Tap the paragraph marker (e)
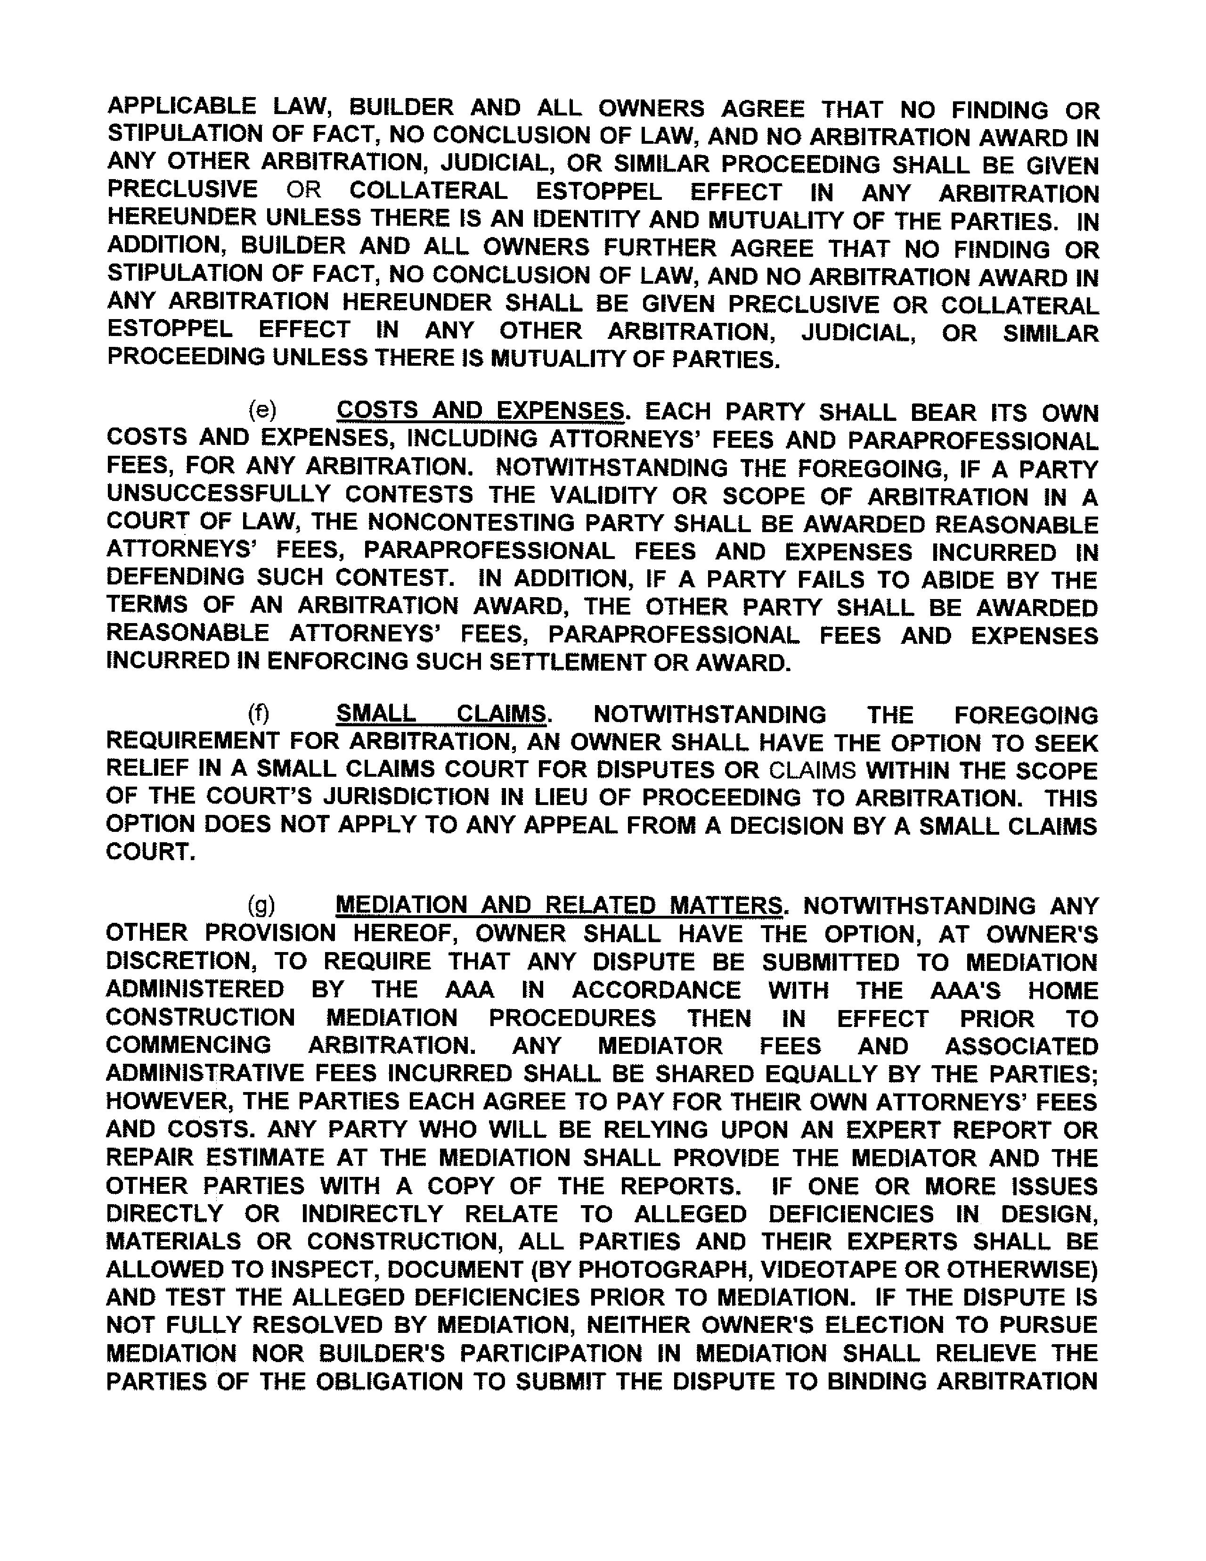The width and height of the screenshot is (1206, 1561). click(x=262, y=410)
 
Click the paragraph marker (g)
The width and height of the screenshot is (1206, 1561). click(x=261, y=905)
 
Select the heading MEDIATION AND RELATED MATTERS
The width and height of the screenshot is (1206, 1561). click(x=559, y=905)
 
